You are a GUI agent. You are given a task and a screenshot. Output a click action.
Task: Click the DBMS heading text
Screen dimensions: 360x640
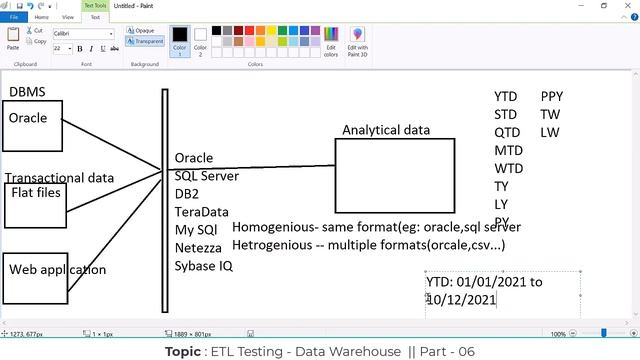pyautogui.click(x=27, y=92)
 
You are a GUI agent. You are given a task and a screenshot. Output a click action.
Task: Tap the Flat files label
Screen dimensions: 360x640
pyautogui.click(x=36, y=192)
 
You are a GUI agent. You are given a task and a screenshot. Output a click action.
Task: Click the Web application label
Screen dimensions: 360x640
pyautogui.click(x=57, y=269)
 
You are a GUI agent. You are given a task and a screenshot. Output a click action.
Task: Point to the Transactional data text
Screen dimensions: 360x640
pyautogui.click(x=60, y=178)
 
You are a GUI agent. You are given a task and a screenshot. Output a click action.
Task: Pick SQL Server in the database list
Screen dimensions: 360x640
pyautogui.click(x=206, y=176)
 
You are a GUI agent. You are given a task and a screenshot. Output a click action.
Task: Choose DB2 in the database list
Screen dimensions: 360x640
pyautogui.click(x=187, y=194)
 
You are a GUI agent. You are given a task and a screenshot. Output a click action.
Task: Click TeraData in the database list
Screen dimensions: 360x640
pyautogui.click(x=201, y=212)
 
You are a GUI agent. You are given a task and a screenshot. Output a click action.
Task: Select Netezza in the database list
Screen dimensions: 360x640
pyautogui.click(x=198, y=248)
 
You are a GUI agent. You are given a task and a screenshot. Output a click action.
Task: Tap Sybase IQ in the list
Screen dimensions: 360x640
pyautogui.click(x=203, y=266)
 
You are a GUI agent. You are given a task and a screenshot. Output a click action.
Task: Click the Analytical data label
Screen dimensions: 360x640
pyautogui.click(x=386, y=130)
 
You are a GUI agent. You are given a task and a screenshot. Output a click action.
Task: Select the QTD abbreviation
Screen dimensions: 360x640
pyautogui.click(x=507, y=133)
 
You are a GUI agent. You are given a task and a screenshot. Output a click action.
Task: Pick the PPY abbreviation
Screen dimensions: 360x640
pyautogui.click(x=552, y=97)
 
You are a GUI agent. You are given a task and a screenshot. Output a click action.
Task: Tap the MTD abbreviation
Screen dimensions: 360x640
pyautogui.click(x=508, y=151)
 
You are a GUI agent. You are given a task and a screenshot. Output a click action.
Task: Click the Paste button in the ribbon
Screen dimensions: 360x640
pyautogui.click(x=13, y=38)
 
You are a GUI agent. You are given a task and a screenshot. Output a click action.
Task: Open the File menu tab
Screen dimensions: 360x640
pyautogui.click(x=14, y=17)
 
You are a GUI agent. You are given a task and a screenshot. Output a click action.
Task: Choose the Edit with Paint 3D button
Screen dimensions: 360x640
pyautogui.click(x=357, y=39)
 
